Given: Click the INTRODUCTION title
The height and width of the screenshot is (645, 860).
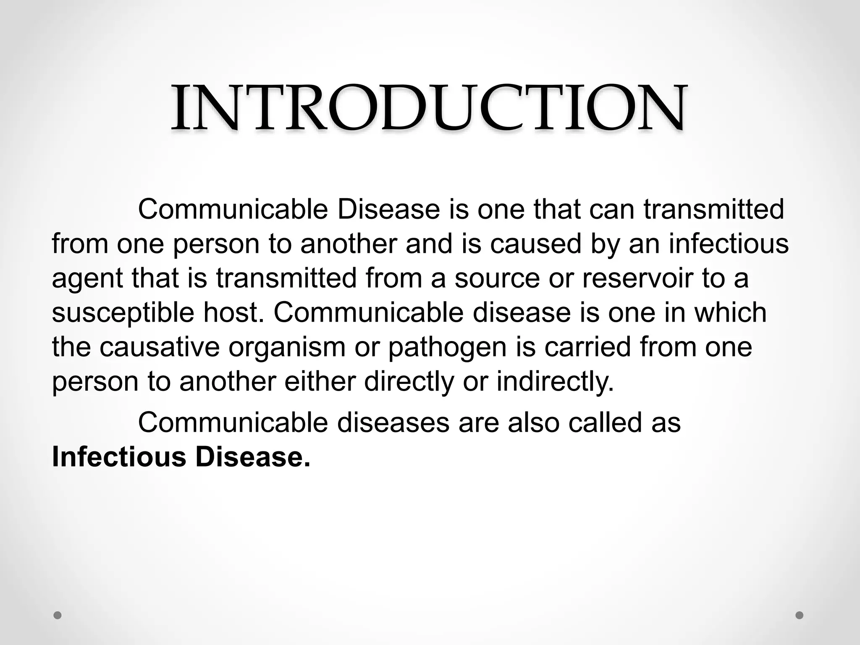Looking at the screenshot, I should click(x=429, y=108).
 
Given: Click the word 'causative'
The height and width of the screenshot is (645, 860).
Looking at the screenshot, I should click(x=160, y=347).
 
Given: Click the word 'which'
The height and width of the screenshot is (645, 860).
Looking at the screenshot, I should click(x=730, y=312).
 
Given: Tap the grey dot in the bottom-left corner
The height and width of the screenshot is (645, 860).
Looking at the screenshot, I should click(x=58, y=615).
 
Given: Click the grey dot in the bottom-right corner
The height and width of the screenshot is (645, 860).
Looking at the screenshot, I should click(x=800, y=615).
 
